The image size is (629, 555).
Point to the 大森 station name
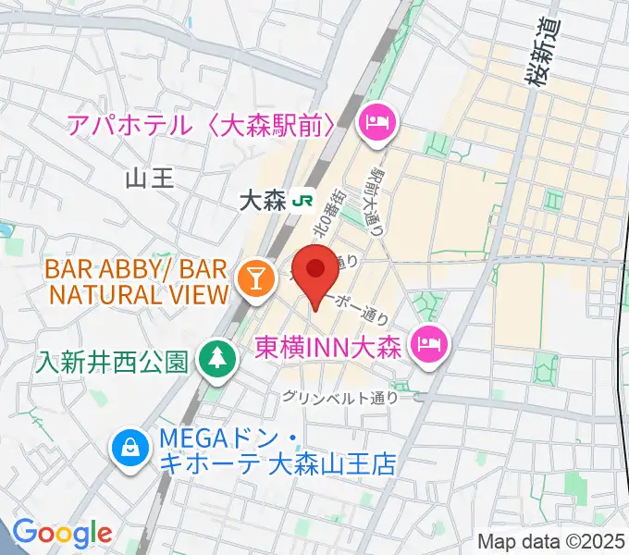262,200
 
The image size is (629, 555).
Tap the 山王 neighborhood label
149,178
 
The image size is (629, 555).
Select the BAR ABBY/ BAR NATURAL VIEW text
137,282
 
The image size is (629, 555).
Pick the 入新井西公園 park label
113,360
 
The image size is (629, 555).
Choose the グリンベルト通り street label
341,399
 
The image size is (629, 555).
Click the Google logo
62,532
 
